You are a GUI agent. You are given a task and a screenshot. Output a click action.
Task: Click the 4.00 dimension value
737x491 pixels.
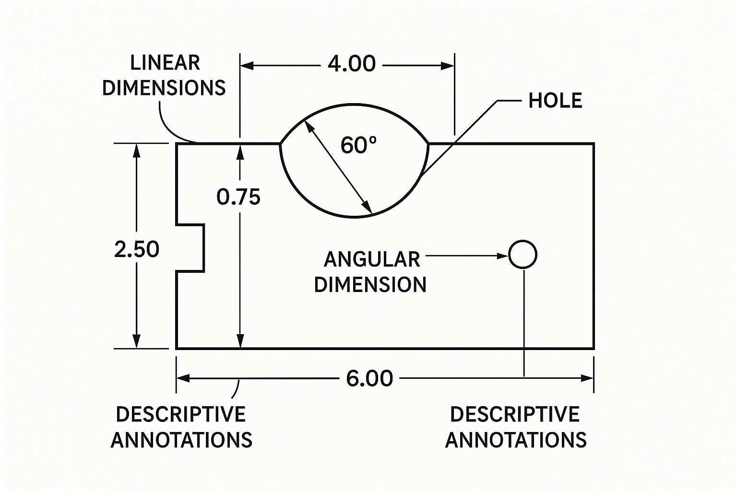click(x=352, y=64)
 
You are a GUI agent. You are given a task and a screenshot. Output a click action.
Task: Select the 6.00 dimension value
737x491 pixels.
click(x=369, y=378)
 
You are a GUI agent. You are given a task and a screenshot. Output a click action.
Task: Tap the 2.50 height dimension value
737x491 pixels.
click(x=137, y=249)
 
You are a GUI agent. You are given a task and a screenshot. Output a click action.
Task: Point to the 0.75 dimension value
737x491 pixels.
click(x=238, y=197)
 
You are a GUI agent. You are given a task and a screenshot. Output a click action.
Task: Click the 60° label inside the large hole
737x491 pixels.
click(x=358, y=145)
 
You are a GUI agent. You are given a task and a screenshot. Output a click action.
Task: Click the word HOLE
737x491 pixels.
click(x=555, y=101)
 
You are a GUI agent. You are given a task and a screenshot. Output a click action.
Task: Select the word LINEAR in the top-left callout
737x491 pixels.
click(x=165, y=63)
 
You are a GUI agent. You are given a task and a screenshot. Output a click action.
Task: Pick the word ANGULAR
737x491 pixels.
click(x=372, y=259)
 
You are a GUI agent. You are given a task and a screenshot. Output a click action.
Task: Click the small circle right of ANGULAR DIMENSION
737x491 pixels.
click(x=523, y=254)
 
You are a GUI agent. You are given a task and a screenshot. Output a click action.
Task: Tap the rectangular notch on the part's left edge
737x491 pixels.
click(x=190, y=247)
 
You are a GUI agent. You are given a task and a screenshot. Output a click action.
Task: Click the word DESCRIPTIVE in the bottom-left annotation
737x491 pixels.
click(x=181, y=414)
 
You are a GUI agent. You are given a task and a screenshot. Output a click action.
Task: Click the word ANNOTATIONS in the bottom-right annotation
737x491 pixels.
click(x=516, y=440)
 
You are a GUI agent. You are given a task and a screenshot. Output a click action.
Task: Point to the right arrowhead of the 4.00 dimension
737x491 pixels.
click(x=448, y=66)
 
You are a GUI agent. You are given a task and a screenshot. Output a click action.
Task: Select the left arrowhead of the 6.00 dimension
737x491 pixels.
click(x=183, y=378)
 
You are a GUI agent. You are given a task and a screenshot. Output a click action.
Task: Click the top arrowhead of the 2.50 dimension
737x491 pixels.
click(x=137, y=150)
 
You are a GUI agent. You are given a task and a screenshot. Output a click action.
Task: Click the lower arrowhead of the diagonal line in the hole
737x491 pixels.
click(x=368, y=207)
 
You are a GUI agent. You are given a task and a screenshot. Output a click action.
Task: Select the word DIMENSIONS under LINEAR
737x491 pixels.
click(x=164, y=88)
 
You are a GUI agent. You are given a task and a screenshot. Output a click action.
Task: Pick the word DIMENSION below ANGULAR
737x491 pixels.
click(x=370, y=284)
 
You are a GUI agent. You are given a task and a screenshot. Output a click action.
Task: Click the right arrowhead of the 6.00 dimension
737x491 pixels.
click(x=587, y=378)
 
